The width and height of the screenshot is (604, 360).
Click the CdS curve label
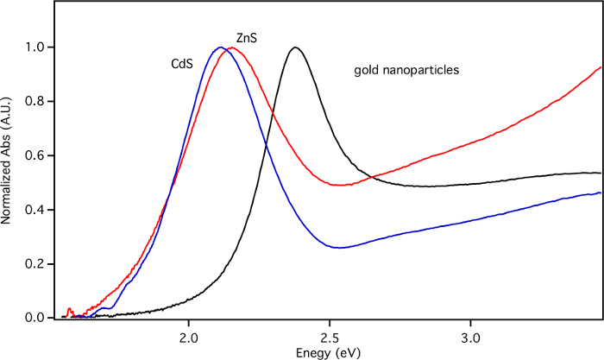click(182, 63)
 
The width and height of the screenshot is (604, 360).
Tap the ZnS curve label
click(248, 38)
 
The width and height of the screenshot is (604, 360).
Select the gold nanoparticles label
click(406, 69)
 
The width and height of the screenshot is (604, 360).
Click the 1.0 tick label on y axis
click(34, 47)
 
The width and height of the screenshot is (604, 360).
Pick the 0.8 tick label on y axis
click(34, 101)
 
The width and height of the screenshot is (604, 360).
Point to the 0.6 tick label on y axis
click(34, 155)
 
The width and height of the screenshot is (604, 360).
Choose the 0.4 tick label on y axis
click(34, 210)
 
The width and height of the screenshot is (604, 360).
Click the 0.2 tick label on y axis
click(34, 264)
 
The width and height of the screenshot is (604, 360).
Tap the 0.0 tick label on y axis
click(34, 319)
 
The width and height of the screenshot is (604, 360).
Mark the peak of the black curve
click(296, 47)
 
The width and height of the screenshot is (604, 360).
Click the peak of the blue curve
click(220, 47)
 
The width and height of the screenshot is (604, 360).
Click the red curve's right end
click(601, 67)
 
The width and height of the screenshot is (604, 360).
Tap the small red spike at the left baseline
click(69, 308)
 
